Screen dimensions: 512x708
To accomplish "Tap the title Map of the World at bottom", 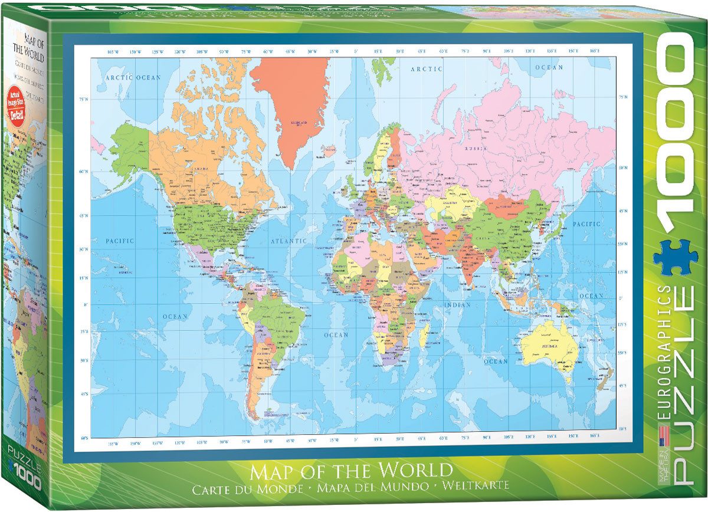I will pos(351,471).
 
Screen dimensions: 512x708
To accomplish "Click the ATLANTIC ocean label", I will pos(289,241).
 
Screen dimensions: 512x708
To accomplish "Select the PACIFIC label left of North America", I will pos(120,241).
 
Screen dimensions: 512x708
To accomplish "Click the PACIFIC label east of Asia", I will pos(586,224).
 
